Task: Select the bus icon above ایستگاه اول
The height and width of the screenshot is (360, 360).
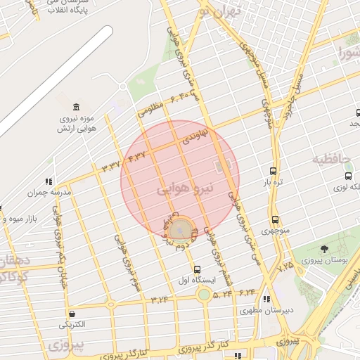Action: [x=196, y=269]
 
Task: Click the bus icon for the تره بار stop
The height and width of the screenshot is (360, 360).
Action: [x=273, y=171]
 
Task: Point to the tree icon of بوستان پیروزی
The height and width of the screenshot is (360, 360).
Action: [x=324, y=249]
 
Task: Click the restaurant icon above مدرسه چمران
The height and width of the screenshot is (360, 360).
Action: [x=49, y=181]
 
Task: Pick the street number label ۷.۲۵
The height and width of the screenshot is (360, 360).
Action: [x=285, y=267]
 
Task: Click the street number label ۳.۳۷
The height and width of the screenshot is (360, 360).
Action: [x=111, y=166]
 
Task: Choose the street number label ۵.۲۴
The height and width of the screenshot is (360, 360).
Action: [x=222, y=293]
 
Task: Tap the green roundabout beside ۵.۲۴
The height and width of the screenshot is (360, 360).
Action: [x=203, y=295]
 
